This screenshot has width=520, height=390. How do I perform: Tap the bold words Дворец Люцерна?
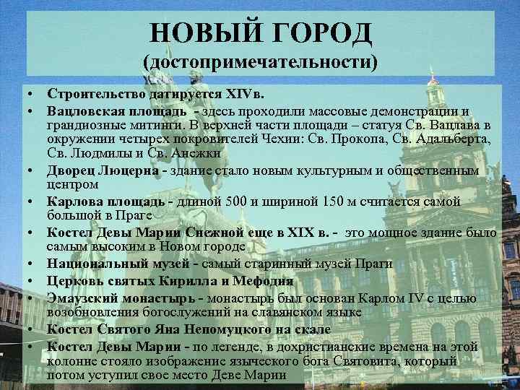(103, 171)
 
